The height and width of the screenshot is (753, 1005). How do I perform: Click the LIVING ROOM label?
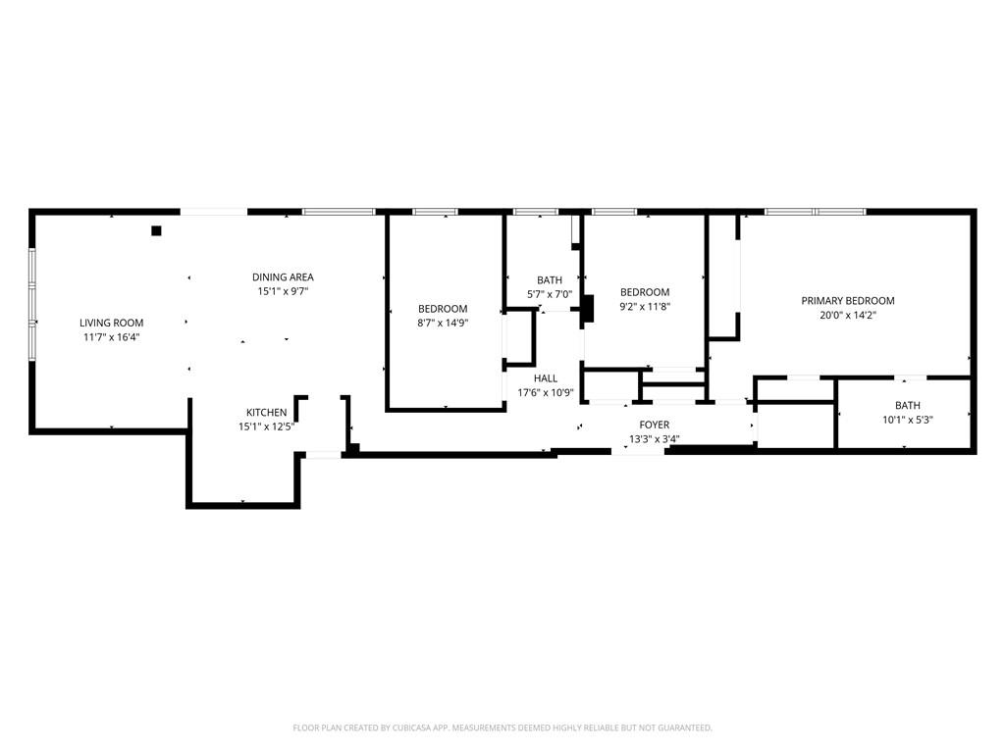click(x=111, y=323)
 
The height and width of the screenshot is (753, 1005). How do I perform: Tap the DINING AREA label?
click(x=283, y=277)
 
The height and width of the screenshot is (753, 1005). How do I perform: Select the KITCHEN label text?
click(x=266, y=413)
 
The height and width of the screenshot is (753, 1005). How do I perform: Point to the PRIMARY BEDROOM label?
click(x=848, y=301)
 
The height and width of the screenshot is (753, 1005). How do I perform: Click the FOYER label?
click(x=655, y=425)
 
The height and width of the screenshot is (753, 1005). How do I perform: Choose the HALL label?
click(x=545, y=378)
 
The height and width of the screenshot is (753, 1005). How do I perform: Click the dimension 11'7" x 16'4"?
click(x=111, y=337)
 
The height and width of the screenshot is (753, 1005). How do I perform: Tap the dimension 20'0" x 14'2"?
click(x=848, y=316)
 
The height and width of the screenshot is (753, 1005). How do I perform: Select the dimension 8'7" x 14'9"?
click(x=443, y=323)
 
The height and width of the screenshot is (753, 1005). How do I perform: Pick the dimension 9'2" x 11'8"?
click(x=645, y=306)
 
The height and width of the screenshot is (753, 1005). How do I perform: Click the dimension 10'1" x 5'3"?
click(x=907, y=420)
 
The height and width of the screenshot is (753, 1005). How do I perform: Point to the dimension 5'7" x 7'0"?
click(x=550, y=294)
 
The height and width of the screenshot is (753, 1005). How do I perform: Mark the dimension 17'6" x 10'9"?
click(x=545, y=393)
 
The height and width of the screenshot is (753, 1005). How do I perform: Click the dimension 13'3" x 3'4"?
click(x=655, y=438)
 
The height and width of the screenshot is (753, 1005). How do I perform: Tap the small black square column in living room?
click(x=155, y=231)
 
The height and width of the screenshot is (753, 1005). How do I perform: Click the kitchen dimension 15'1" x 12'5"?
click(x=266, y=427)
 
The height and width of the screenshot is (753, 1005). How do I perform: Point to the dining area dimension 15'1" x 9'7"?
click(x=283, y=291)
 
